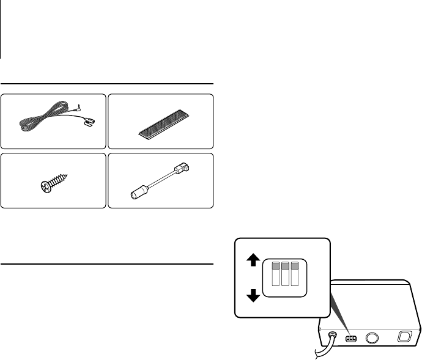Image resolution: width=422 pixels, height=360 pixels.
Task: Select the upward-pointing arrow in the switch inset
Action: point(251,260)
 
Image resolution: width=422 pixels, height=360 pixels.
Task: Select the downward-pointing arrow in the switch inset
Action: point(251,296)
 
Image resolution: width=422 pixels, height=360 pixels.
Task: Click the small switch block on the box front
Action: point(351,337)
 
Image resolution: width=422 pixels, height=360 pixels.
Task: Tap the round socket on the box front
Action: point(371,337)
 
